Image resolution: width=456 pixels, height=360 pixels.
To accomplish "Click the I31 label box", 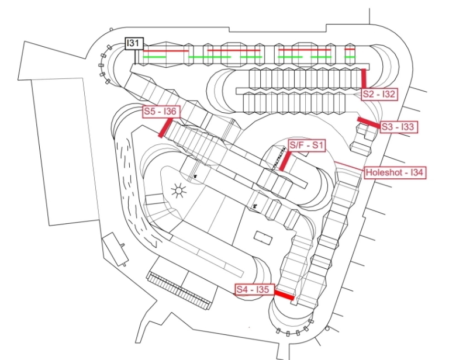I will coord(134,44).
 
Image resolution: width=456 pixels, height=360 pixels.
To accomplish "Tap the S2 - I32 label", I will coord(379,94).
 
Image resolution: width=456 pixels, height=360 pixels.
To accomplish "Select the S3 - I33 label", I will coord(399,127).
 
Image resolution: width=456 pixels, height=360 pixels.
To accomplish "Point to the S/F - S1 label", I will coord(307,144).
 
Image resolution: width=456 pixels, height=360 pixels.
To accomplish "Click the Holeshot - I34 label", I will coord(393,173).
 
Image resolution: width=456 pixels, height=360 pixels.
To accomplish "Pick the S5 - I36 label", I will coord(160,111).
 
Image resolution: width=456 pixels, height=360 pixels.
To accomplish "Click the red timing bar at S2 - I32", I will coord(363,77).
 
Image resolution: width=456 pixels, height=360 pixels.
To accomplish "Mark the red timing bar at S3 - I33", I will coord(368,123).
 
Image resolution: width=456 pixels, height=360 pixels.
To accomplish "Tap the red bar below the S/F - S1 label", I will coord(284,161).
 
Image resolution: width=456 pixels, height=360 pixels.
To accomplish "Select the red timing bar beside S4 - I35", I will coord(284,296).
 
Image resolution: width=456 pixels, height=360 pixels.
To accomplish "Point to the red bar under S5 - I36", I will coord(164,127).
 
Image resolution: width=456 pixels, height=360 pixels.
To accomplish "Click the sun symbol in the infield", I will coord(178,191).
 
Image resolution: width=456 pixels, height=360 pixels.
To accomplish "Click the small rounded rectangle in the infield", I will coord(264,237).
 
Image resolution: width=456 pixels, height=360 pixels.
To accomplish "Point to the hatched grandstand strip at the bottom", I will coord(178,290).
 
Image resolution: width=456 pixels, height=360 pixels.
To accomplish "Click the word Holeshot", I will coord(384,173).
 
